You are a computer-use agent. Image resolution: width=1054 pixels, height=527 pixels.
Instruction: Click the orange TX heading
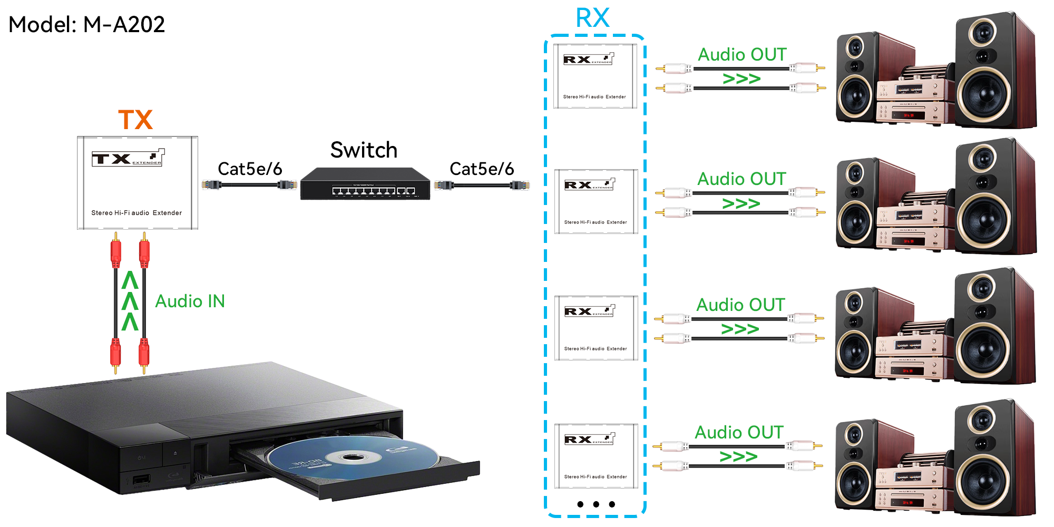coord(135,120)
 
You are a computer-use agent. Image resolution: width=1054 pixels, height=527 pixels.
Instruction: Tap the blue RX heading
coord(592,18)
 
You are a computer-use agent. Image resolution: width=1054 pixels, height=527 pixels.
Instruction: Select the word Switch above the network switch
coord(364,150)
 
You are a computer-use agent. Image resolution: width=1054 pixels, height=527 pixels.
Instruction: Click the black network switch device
coord(365,184)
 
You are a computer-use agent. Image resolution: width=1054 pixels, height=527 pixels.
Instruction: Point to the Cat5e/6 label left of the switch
coord(250,169)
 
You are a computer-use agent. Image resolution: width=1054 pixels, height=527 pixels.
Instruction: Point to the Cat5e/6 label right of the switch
coord(482,169)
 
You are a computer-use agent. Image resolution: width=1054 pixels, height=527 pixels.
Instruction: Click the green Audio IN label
coord(190,301)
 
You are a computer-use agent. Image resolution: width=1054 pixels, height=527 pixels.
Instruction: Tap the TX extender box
coord(138,183)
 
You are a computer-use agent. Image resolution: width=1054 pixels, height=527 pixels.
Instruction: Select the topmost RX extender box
coord(595,76)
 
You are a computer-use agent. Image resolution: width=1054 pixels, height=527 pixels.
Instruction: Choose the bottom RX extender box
coord(596,456)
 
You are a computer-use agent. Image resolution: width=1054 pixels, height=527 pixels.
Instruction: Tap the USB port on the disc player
coord(141,480)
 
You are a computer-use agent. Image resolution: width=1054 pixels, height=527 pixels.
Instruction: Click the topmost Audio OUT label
coord(742,55)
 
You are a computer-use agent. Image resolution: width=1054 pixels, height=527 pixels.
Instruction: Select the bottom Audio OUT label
coord(739,433)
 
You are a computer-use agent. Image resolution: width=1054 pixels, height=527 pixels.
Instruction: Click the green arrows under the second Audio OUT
coord(741,203)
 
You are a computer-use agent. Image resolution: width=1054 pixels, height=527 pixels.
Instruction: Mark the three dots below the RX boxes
coord(596,504)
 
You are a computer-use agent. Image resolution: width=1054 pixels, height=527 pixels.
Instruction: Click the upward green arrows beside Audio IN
coord(130,301)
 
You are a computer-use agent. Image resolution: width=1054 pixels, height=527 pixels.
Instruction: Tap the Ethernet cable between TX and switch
coord(249,184)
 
